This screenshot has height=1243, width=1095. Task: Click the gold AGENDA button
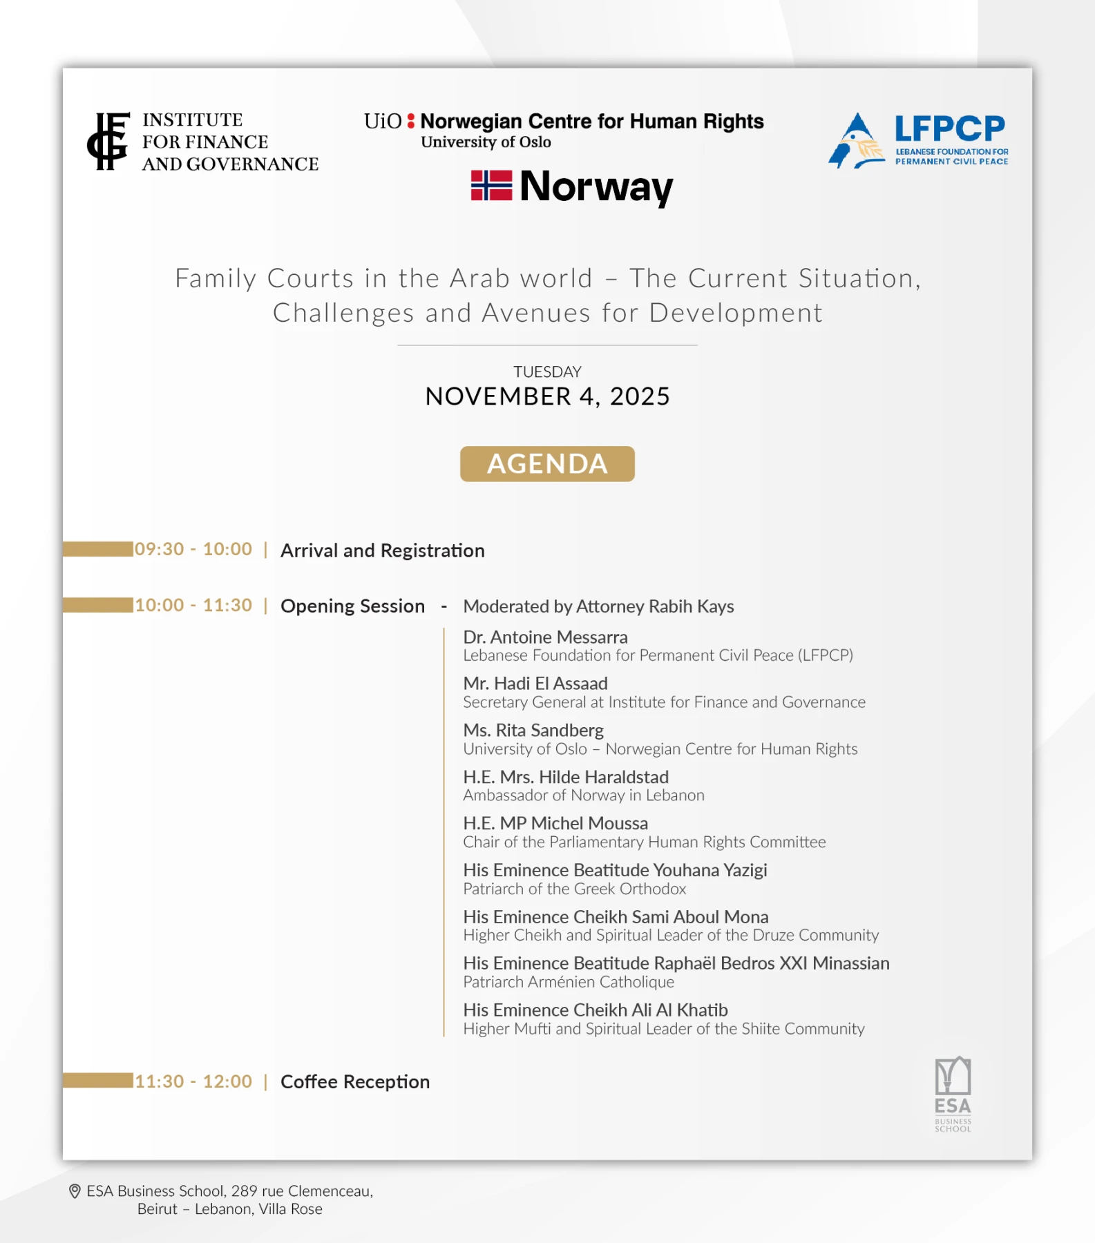tap(547, 464)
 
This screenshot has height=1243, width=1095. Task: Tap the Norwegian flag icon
tap(491, 186)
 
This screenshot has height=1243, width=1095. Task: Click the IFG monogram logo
tap(108, 142)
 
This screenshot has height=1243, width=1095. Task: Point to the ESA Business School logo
tap(953, 1094)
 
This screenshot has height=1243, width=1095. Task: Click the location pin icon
tap(75, 1191)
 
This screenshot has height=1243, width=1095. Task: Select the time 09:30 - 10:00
tap(193, 550)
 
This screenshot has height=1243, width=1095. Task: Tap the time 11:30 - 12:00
tap(193, 1081)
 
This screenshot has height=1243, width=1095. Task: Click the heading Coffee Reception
tap(355, 1081)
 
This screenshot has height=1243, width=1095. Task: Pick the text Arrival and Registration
tap(383, 550)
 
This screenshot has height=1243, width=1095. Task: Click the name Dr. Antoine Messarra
tap(545, 637)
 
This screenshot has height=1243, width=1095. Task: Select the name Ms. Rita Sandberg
tap(533, 730)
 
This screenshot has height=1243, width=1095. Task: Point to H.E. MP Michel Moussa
tap(555, 823)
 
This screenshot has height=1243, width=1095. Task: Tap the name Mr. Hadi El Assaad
tap(535, 684)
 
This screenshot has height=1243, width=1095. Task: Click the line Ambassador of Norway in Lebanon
tap(584, 796)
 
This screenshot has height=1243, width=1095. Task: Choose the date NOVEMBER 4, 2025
tap(547, 396)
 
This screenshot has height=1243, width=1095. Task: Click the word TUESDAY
tap(547, 372)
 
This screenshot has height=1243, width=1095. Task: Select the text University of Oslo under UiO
tap(486, 142)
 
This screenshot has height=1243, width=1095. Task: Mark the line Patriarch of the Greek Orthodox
tap(575, 889)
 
